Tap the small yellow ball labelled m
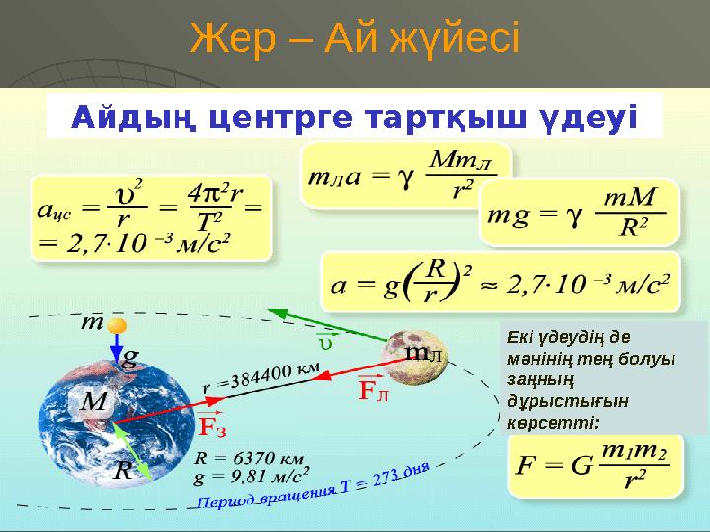pos(118,326)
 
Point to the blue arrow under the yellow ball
pos(117,347)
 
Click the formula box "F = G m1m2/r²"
pos(594,465)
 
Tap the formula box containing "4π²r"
pos(151,218)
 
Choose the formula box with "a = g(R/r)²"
pos(501,281)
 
